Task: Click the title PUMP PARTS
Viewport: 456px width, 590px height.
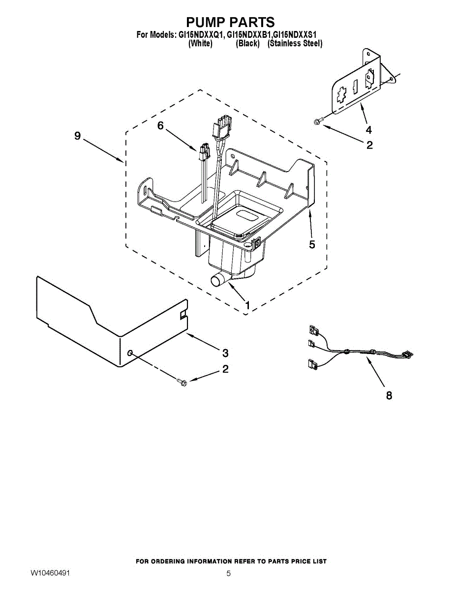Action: tap(230, 22)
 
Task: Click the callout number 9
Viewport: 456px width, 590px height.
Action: tap(77, 136)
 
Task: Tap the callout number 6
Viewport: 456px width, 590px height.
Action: tap(160, 126)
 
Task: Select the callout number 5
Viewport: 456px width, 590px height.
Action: tap(312, 244)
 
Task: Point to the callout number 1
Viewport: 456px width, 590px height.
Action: tap(247, 305)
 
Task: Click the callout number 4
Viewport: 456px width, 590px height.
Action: tap(368, 130)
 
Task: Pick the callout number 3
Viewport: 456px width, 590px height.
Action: tap(225, 353)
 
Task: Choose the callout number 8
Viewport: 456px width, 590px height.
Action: tap(389, 395)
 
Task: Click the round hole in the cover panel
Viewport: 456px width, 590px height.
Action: tap(130, 353)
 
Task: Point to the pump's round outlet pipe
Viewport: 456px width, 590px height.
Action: tap(217, 281)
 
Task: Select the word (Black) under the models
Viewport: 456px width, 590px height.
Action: tap(247, 44)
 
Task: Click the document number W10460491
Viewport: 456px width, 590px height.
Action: tap(50, 573)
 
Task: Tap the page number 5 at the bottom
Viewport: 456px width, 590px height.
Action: tap(228, 573)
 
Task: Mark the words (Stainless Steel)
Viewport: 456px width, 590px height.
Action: tap(295, 44)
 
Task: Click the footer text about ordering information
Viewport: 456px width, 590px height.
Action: tap(231, 561)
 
